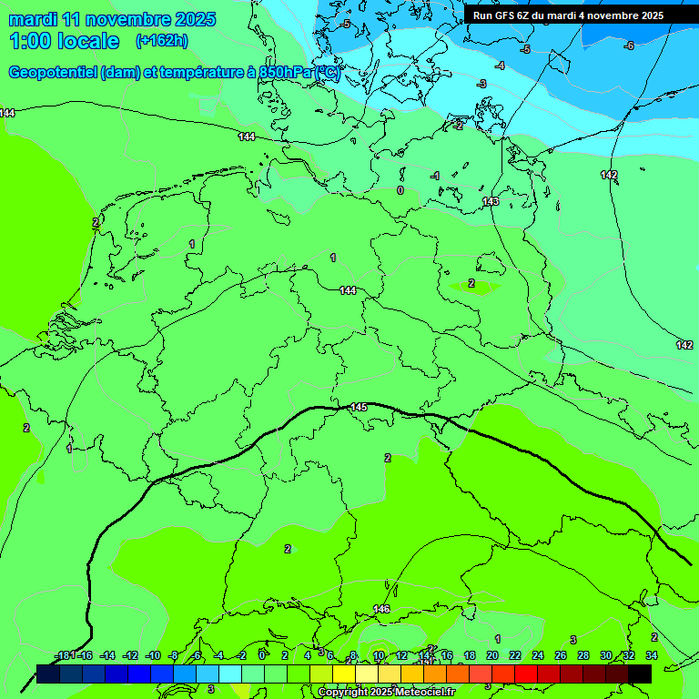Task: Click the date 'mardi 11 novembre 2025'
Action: (x=112, y=19)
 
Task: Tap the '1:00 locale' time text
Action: (x=64, y=41)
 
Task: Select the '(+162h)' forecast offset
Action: (x=162, y=41)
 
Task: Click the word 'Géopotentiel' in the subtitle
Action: (x=53, y=73)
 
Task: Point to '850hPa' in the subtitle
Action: (x=279, y=73)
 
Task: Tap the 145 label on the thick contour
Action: (x=359, y=407)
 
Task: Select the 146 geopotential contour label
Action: (x=381, y=609)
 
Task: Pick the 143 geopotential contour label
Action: (x=491, y=201)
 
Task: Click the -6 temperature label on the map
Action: (x=628, y=46)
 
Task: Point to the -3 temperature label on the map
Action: (x=481, y=84)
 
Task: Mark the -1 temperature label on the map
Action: (x=435, y=176)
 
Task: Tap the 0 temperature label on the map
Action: (x=400, y=190)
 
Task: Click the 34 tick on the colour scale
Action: (x=651, y=655)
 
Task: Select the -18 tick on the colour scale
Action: (x=62, y=655)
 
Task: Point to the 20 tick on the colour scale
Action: (x=491, y=655)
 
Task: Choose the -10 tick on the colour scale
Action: (x=152, y=655)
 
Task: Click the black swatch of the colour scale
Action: (x=640, y=674)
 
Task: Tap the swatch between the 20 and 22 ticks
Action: (x=503, y=674)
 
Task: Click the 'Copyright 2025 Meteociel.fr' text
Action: (x=385, y=693)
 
